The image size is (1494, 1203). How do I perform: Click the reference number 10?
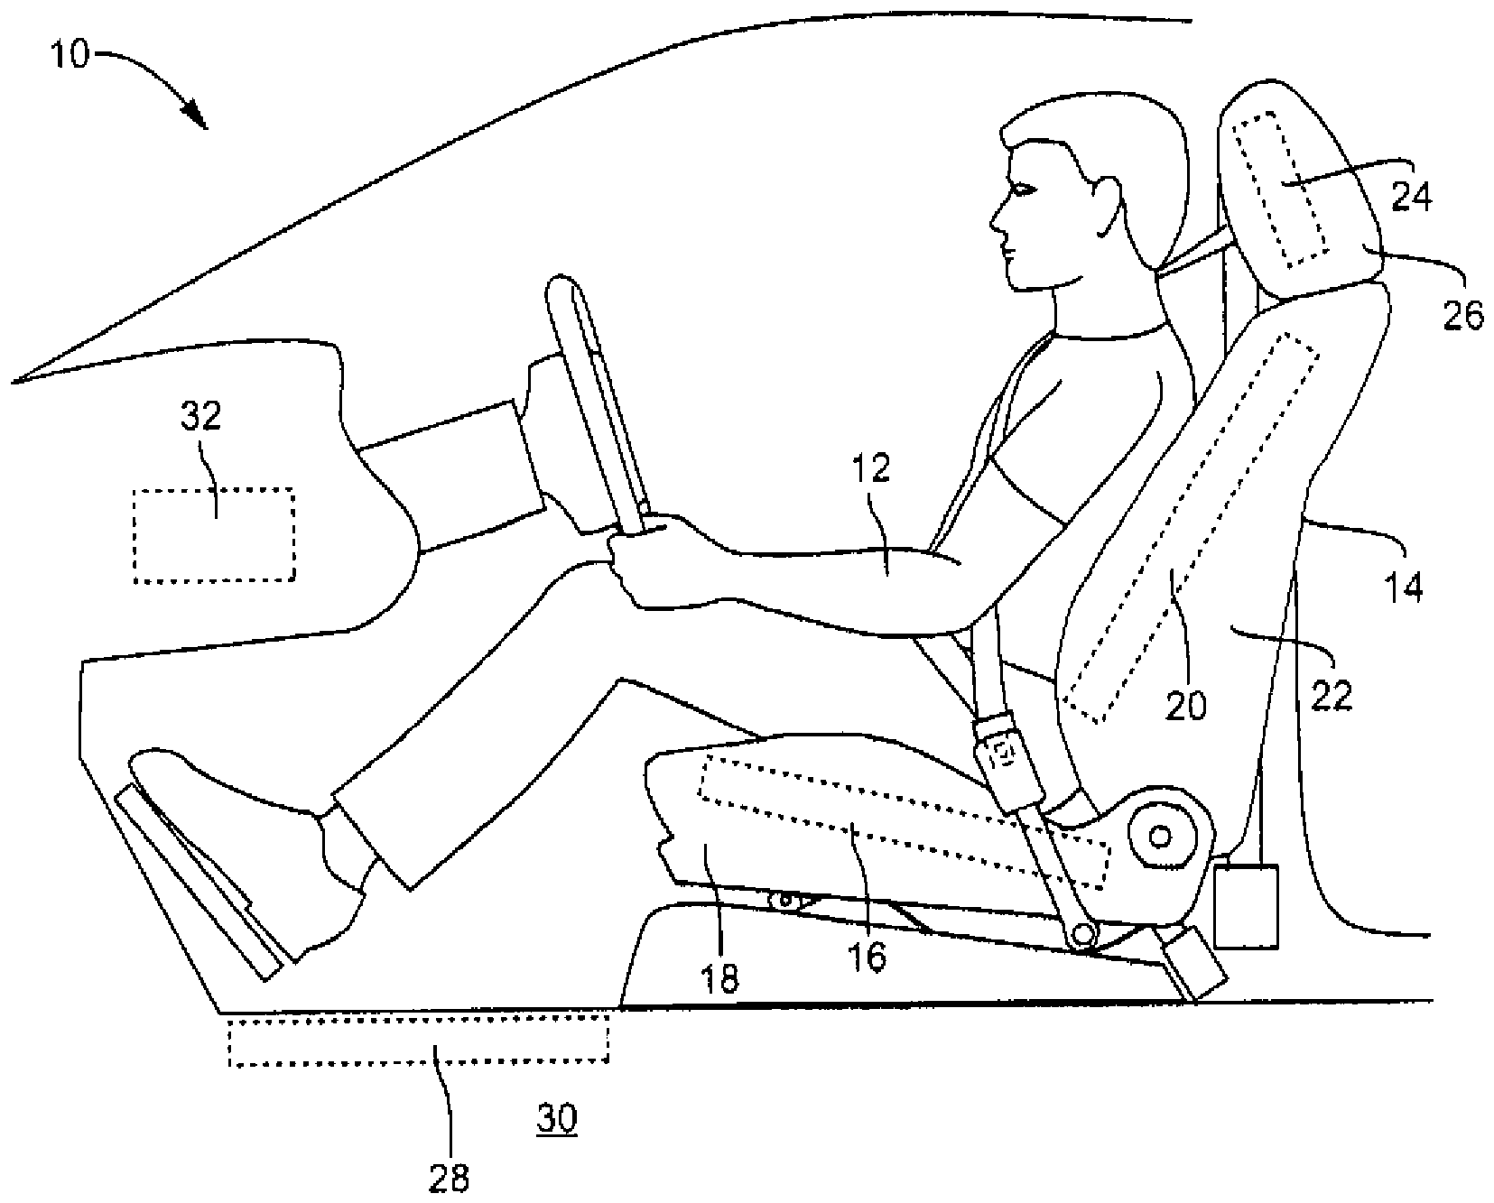click(x=68, y=55)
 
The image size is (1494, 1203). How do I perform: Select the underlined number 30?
click(x=556, y=1119)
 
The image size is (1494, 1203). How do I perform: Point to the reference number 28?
click(x=450, y=1177)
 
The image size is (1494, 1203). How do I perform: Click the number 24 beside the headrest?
click(x=1410, y=196)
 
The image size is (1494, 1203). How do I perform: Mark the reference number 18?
click(x=719, y=978)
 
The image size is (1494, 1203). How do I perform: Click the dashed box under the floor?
click(x=418, y=1040)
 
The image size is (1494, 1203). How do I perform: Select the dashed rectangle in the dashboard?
click(x=214, y=536)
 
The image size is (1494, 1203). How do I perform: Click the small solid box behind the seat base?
click(x=1247, y=906)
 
